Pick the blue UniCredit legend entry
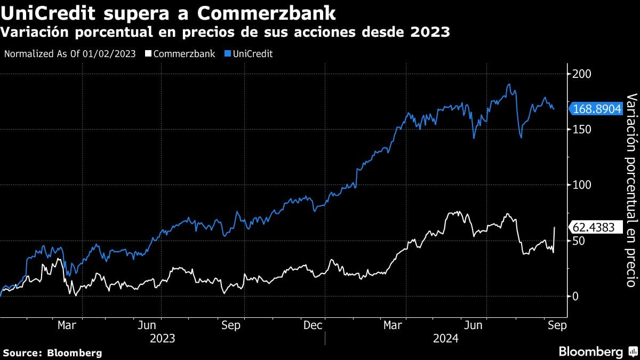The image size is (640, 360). (x=250, y=54)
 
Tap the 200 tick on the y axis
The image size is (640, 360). (x=581, y=74)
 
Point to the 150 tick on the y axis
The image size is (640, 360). (x=581, y=129)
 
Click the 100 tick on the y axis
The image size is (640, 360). (x=581, y=185)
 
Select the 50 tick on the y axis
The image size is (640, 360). (x=578, y=241)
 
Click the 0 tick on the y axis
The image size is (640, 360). (x=575, y=297)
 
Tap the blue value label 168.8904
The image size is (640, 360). (x=597, y=109)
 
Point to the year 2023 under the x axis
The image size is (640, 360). (x=162, y=338)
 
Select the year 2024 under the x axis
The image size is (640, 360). (x=445, y=338)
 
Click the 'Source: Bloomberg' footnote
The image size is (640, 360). (x=52, y=353)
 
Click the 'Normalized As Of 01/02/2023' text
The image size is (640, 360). (x=69, y=54)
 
